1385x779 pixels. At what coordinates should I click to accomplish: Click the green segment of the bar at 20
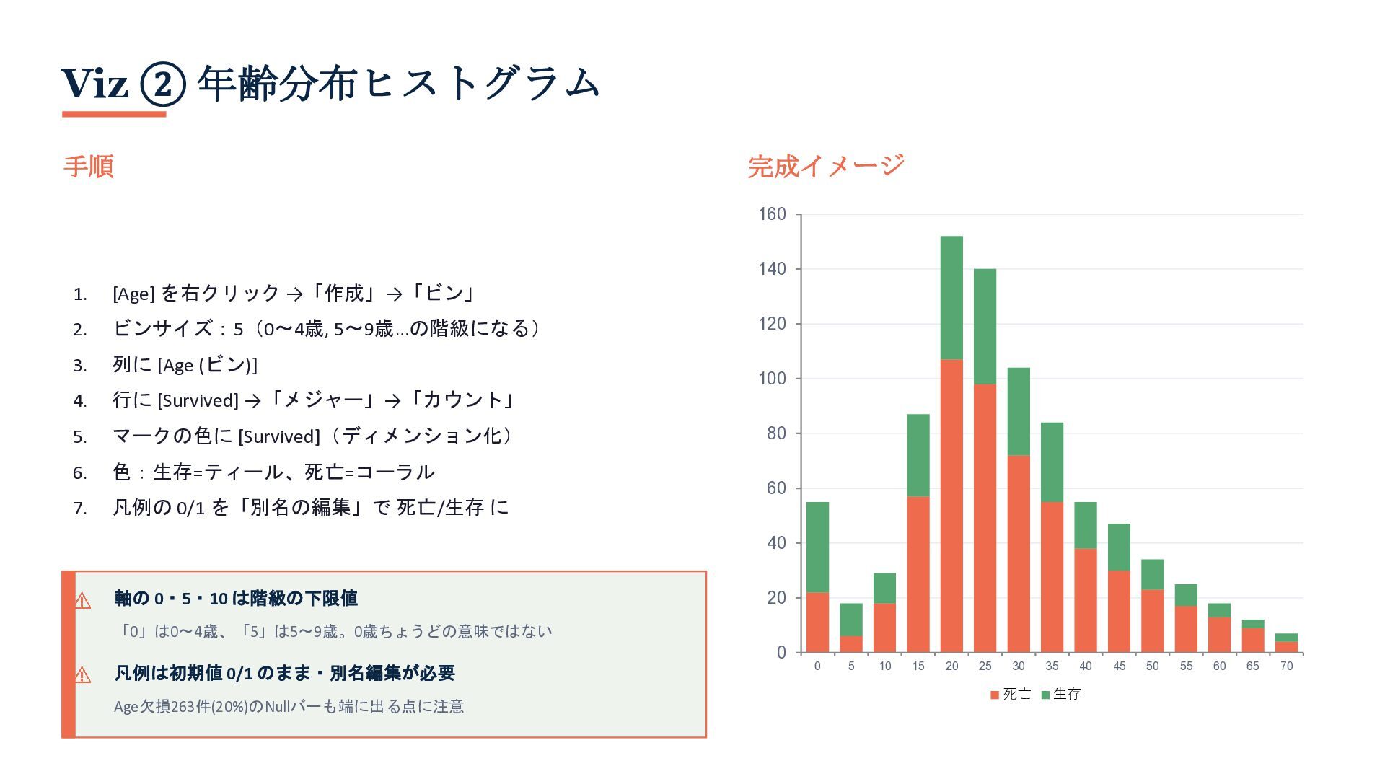951,298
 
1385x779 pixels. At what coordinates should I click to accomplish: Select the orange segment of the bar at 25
985,519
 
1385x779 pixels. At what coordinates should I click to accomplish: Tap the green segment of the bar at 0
817,547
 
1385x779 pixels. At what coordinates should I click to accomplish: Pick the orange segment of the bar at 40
1086,601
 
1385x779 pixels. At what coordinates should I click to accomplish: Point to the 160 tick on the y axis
772,214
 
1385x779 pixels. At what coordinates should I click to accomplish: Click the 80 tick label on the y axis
776,433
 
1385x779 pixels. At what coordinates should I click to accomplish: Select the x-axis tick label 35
1052,666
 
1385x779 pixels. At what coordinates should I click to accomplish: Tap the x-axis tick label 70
1286,666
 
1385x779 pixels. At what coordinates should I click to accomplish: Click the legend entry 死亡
1011,694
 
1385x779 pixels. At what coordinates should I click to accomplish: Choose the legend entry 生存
1061,694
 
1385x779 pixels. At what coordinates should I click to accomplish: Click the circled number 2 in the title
163,84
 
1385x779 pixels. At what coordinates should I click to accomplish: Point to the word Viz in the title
94,84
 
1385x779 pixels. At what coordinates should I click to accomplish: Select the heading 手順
89,166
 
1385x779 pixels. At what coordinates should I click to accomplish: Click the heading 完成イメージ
826,166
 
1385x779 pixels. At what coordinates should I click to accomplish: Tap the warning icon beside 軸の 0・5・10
83,600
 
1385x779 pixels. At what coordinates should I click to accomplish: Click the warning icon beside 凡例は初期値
83,675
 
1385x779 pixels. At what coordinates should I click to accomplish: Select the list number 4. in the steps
80,401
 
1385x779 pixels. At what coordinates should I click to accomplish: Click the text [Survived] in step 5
279,437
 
